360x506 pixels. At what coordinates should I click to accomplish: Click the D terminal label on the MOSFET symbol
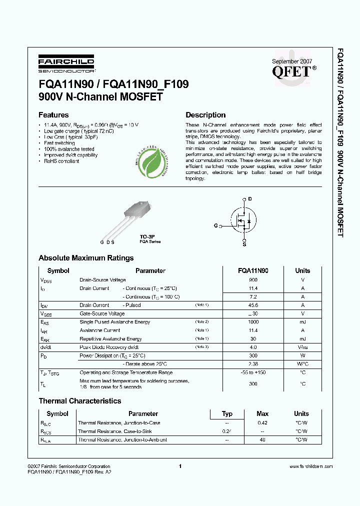click(x=249, y=198)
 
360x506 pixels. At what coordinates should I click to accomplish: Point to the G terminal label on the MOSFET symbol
click(x=215, y=226)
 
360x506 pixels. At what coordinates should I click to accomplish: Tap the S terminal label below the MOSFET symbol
click(x=244, y=244)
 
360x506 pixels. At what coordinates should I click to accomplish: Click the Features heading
click(x=53, y=115)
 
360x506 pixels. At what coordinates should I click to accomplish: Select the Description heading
click(x=205, y=115)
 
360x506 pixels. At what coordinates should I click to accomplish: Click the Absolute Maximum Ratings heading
click(x=86, y=258)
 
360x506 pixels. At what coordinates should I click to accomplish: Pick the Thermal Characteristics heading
click(x=79, y=401)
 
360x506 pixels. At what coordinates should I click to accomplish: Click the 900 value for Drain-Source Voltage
click(x=253, y=280)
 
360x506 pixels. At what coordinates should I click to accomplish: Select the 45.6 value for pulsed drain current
click(x=253, y=305)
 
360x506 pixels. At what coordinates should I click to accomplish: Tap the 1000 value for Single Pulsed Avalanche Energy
click(x=253, y=322)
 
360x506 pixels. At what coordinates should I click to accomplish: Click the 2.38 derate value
click(x=253, y=364)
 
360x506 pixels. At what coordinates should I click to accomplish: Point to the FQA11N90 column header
click(x=253, y=270)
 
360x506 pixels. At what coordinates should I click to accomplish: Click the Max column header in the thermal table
click(x=262, y=413)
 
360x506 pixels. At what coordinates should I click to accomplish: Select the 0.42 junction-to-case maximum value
click(x=262, y=422)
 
